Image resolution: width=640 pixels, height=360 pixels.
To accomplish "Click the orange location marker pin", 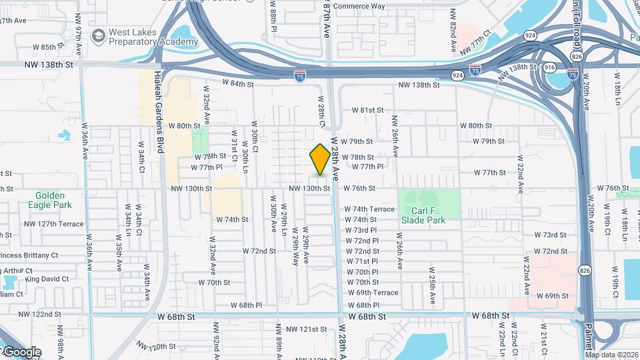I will (320, 159).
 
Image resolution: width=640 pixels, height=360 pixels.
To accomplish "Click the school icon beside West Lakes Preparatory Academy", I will (98, 34).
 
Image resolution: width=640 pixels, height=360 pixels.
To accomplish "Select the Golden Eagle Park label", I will (51, 201).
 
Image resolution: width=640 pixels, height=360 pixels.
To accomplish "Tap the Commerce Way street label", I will (359, 6).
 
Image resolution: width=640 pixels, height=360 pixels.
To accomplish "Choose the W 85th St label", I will (50, 47).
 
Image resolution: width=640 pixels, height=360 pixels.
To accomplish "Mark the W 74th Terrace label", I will (369, 209).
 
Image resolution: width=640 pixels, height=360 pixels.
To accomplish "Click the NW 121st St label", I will (306, 329).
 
